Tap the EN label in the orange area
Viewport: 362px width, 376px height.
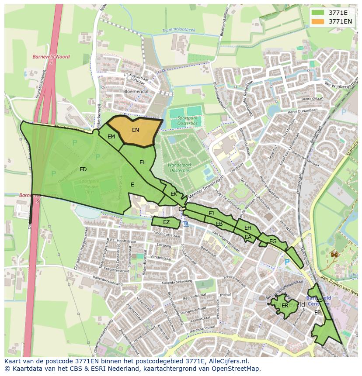136,130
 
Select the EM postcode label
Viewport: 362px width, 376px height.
111,137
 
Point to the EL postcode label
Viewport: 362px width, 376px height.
143,162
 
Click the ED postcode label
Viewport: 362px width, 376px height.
83,169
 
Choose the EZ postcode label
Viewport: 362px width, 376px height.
166,222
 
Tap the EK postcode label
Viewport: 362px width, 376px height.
174,193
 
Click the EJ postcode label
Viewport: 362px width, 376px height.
211,214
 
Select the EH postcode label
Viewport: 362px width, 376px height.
248,228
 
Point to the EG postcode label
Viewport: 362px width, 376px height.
273,241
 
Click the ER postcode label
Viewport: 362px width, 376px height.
285,306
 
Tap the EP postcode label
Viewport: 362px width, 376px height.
317,313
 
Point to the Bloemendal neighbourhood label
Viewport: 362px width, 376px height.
136,92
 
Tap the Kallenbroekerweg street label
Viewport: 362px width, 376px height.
177,283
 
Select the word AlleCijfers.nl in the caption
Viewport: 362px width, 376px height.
228,361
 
